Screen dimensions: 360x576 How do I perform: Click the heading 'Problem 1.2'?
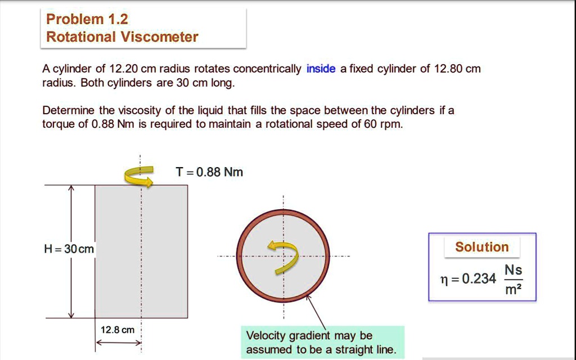coord(87,19)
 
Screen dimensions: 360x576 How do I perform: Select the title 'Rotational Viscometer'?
coord(122,37)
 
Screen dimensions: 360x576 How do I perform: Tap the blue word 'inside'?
coord(321,69)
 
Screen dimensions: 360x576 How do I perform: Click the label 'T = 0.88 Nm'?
coord(209,172)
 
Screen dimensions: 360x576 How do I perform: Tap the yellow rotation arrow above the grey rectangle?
coord(138,177)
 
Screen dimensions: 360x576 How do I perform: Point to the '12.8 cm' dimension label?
coord(117,330)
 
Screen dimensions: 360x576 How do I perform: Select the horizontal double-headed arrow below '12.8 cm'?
coord(117,343)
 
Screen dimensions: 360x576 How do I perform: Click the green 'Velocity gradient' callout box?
coord(321,343)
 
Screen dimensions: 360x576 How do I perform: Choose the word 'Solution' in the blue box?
coord(481,247)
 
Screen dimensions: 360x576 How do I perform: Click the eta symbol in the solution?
coord(444,279)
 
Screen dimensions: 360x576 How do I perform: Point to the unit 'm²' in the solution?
coord(512,290)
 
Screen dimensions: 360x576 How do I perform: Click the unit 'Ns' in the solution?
coord(512,269)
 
